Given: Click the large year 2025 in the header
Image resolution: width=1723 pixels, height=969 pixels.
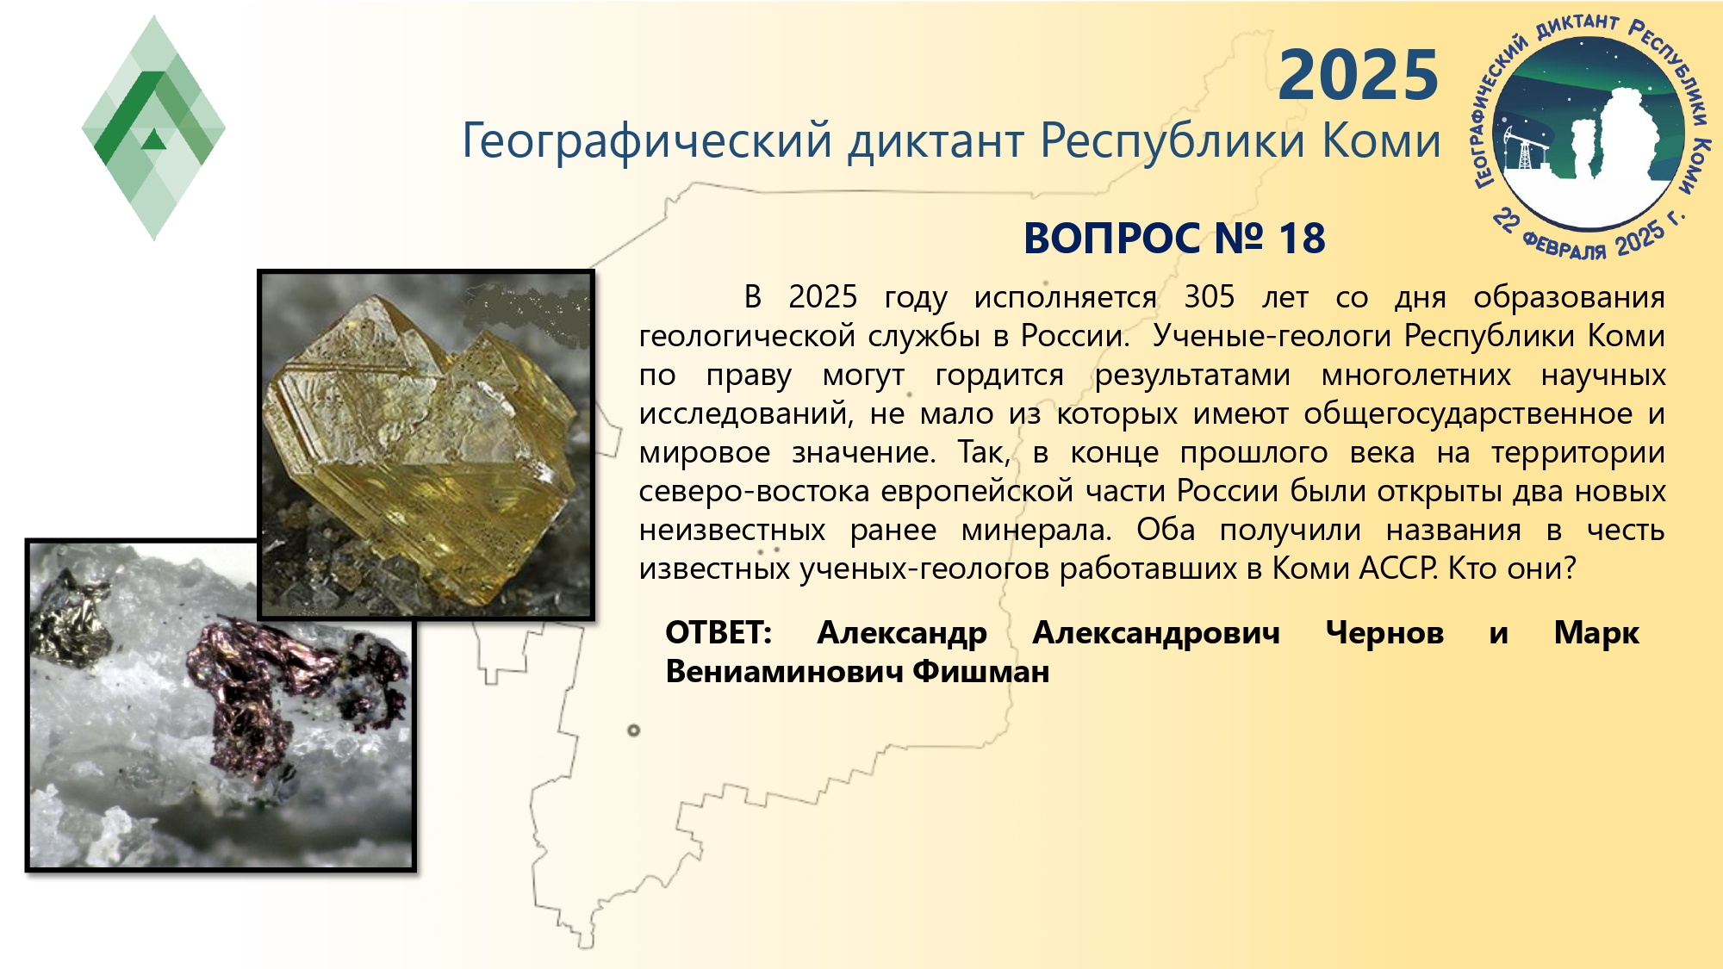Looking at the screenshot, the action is (x=1359, y=75).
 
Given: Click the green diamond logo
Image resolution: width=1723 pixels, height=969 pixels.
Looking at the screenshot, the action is (x=153, y=127).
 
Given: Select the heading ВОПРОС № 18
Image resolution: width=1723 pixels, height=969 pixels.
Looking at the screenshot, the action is (x=1174, y=239).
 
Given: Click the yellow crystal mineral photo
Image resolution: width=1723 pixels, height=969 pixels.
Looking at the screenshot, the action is (x=426, y=444).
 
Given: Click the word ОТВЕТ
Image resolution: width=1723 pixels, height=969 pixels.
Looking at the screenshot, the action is (x=718, y=633).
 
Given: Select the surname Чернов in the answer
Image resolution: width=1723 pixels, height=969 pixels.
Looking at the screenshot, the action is (x=1384, y=633).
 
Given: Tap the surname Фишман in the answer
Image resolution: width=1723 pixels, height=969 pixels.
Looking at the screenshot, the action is (x=981, y=672).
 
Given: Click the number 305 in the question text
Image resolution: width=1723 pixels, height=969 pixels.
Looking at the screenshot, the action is (x=1209, y=297).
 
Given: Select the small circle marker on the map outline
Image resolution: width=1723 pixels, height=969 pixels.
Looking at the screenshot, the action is (x=634, y=730).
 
